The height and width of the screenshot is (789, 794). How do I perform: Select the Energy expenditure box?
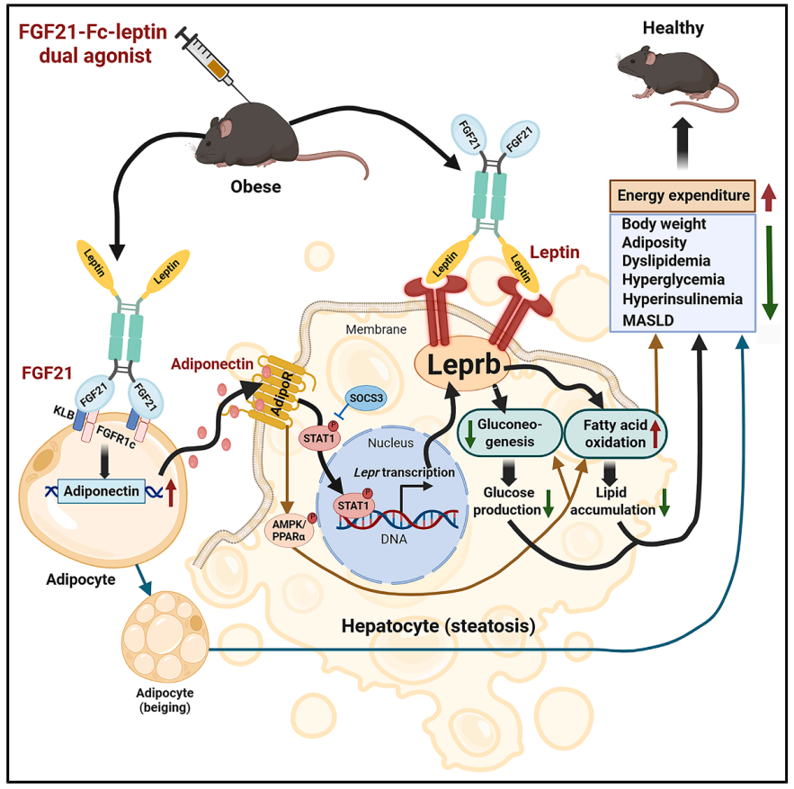pos(682,195)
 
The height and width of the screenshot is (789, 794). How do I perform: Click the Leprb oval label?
pos(462,363)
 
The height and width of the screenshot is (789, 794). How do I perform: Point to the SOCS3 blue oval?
pos(366,399)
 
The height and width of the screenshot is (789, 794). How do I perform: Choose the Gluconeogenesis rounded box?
pos(509,434)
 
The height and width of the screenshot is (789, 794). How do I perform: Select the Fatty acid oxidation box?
pos(615,434)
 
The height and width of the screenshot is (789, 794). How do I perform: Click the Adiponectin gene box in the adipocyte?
pos(102,491)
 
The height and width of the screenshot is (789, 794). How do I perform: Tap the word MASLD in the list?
pos(647,321)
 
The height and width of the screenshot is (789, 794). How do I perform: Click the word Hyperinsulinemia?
pos(682,299)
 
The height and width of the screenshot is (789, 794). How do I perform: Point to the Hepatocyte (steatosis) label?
pos(438,626)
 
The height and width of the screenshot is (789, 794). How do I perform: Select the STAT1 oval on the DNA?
pos(353,506)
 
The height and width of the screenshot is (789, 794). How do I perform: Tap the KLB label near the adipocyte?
pos(64,412)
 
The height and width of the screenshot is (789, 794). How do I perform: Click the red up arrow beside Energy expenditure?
pos(769,198)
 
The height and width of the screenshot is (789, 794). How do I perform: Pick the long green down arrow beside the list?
pos(770,272)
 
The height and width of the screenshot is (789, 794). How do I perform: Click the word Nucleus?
pos(390,443)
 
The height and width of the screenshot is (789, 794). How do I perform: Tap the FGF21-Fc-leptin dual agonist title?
pos(94,43)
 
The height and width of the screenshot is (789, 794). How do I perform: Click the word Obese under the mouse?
pos(255,186)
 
